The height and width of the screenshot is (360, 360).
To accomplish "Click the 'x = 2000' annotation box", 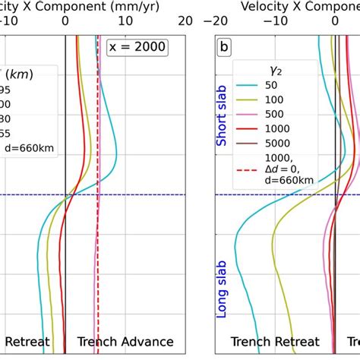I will [x=136, y=47].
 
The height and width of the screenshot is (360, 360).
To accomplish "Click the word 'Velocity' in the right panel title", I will [x=263, y=6].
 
